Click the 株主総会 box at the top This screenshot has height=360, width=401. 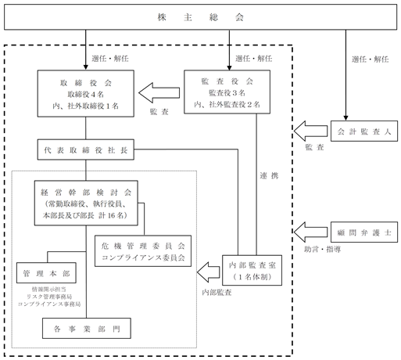[x=200, y=17]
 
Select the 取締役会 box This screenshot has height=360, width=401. [x=86, y=93]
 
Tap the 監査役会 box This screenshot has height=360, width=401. [x=227, y=92]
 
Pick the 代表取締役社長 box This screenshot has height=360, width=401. [x=86, y=149]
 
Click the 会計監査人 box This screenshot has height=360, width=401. [x=364, y=131]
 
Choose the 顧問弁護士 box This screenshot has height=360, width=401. [x=364, y=232]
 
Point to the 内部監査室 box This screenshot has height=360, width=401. [x=252, y=270]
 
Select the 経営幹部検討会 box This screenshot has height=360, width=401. [x=86, y=203]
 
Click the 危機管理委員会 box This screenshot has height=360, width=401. [x=143, y=251]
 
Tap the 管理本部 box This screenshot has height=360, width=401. [x=46, y=273]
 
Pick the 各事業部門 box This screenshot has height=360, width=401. [x=87, y=329]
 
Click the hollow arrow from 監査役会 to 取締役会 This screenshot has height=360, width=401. [x=159, y=93]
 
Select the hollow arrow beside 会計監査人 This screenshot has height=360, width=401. [x=310, y=131]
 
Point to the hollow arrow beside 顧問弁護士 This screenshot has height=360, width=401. [x=310, y=232]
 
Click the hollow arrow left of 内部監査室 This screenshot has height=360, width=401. [x=209, y=272]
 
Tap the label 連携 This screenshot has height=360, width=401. [x=269, y=176]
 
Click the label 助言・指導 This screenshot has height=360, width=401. [x=323, y=250]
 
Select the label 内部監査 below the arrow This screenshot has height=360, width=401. [x=217, y=293]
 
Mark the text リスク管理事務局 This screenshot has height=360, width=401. [x=49, y=297]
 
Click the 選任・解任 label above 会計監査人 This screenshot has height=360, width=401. [x=371, y=59]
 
